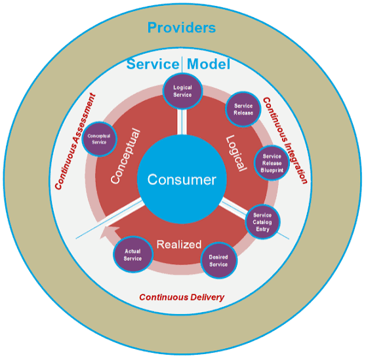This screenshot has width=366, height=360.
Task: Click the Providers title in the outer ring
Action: [182, 28]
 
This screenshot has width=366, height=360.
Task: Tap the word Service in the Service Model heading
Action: [153, 64]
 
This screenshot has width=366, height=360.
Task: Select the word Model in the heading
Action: [209, 64]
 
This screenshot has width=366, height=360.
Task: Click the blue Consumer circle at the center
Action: [182, 179]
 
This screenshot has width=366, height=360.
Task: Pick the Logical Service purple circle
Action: [182, 91]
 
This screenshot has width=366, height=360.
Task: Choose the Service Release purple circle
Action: [243, 110]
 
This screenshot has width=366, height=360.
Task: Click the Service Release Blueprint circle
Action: [272, 163]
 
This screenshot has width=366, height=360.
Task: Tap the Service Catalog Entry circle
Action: [262, 222]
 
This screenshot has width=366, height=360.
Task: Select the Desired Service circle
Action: [218, 260]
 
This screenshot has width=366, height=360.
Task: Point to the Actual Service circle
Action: [132, 254]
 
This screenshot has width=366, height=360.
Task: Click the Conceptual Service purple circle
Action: [99, 139]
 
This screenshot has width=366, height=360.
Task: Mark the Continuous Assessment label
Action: [75, 142]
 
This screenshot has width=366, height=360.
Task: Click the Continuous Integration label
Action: [285, 141]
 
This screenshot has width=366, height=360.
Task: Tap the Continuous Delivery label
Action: [182, 297]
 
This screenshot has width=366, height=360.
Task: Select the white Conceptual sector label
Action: [125, 156]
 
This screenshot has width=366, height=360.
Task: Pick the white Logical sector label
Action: [236, 153]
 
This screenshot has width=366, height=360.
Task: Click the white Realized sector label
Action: [179, 245]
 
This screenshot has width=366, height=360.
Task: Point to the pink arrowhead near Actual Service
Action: [108, 231]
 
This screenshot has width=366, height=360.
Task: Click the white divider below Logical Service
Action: [182, 122]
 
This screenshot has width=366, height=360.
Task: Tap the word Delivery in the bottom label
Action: [207, 297]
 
